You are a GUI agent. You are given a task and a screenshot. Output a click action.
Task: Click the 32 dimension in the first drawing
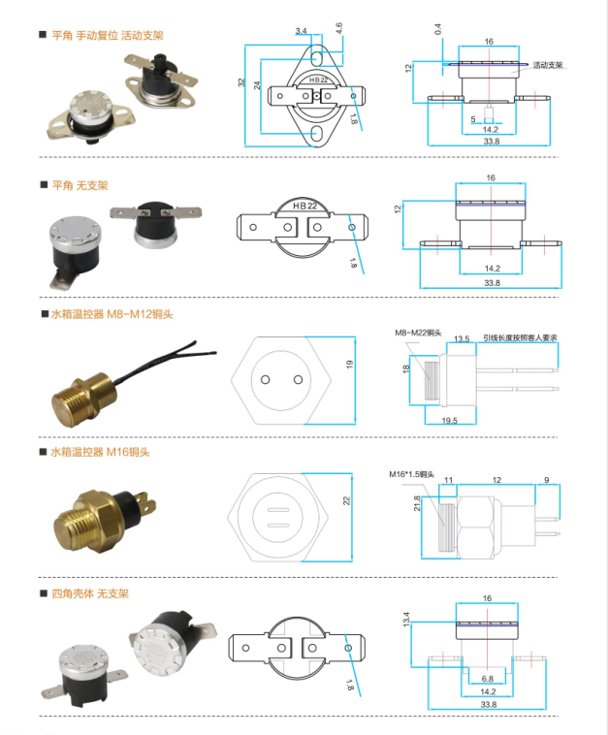(x=241, y=83)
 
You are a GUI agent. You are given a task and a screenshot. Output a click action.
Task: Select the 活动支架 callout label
(x=548, y=65)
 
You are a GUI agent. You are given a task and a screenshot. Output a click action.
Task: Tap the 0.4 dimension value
(x=438, y=32)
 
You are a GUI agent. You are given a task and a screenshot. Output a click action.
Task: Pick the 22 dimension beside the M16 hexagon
(x=348, y=501)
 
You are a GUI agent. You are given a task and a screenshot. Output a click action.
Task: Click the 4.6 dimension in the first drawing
(x=339, y=27)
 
